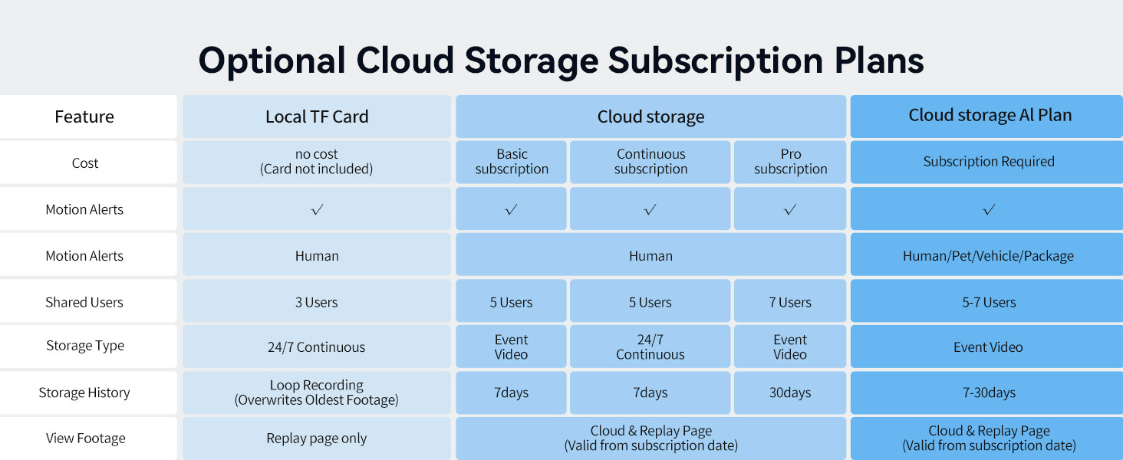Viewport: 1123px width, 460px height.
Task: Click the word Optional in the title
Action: click(272, 61)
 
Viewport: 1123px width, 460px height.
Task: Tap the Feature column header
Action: click(84, 117)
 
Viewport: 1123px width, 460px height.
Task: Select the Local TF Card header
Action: click(317, 117)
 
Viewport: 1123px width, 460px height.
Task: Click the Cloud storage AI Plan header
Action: click(986, 117)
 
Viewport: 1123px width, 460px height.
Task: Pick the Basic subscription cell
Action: click(512, 162)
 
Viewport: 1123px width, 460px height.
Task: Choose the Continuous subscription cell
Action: click(650, 162)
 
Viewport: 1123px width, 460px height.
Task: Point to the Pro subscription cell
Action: click(790, 162)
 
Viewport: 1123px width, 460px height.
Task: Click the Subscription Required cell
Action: click(986, 162)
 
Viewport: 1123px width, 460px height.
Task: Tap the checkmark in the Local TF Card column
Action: click(317, 209)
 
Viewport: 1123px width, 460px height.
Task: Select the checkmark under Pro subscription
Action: click(790, 209)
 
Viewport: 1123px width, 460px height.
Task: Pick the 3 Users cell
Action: click(317, 301)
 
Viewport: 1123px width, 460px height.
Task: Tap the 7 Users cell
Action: click(790, 301)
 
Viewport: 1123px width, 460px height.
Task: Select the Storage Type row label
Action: click(85, 346)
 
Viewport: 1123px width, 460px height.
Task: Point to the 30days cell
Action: click(790, 393)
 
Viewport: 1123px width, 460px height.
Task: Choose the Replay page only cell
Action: click(317, 439)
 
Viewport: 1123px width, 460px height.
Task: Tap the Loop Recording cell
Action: click(317, 393)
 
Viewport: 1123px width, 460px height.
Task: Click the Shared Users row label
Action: click(84, 302)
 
